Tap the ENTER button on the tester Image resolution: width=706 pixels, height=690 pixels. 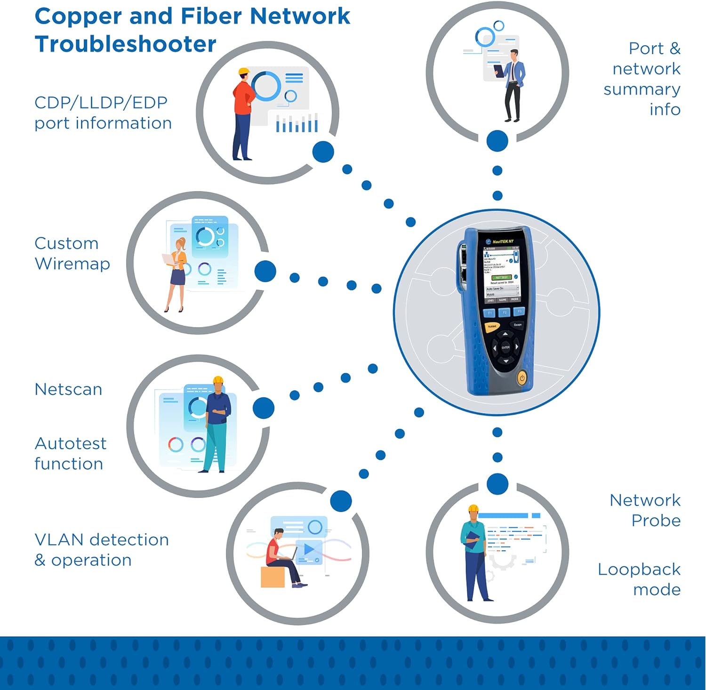tap(505, 347)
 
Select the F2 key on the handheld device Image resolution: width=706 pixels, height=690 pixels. tap(504, 313)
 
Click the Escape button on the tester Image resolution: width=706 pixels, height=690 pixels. tap(518, 325)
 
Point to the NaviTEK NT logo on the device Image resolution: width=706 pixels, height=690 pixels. tap(502, 241)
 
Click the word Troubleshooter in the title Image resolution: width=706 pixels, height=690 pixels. tap(125, 45)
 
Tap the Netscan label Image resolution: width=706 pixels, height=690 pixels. tap(68, 390)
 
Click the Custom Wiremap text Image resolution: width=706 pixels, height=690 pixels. tap(72, 254)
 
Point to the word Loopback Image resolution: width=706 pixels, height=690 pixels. tap(639, 570)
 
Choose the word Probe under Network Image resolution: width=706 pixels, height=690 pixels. tap(656, 521)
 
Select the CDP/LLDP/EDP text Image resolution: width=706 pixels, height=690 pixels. tap(101, 103)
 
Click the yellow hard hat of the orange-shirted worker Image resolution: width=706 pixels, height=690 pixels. tap(243, 72)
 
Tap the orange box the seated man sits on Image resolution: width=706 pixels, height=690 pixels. tap(273, 577)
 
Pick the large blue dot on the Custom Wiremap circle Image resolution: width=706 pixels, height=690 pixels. tap(265, 271)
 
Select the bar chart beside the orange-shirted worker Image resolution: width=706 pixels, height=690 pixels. tap(297, 124)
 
